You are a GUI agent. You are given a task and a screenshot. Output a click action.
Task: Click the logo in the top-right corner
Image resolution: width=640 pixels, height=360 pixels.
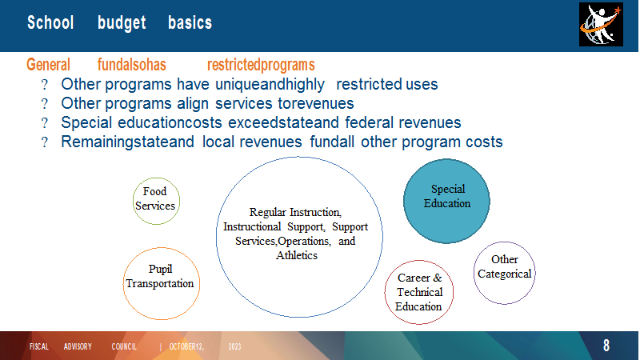click(x=601, y=25)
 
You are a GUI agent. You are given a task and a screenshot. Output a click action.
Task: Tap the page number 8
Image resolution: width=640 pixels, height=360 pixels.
click(x=606, y=346)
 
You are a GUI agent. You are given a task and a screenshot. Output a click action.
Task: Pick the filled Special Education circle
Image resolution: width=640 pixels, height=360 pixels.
click(x=446, y=201)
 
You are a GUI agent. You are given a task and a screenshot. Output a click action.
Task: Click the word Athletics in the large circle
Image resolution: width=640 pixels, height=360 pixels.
click(x=297, y=255)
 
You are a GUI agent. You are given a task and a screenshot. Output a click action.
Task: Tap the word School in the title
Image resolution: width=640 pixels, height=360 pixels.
click(x=50, y=22)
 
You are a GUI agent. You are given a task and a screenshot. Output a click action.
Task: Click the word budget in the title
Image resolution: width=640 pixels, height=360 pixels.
click(x=122, y=23)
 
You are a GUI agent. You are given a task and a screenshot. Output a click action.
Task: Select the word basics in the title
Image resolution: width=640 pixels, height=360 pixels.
click(x=190, y=22)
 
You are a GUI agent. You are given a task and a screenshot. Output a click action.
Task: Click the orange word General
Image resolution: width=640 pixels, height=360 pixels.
click(x=48, y=65)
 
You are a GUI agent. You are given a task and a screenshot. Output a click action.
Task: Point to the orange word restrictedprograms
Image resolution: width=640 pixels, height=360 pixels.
click(x=261, y=65)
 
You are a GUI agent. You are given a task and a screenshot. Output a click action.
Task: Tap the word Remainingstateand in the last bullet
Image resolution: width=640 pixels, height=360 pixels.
click(x=127, y=142)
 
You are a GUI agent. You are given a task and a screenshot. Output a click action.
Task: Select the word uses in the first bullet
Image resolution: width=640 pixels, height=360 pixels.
click(x=422, y=85)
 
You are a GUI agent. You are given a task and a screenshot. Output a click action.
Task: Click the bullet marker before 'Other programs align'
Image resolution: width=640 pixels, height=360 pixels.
click(x=45, y=104)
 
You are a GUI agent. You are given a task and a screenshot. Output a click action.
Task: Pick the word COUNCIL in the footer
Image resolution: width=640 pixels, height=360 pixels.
click(x=124, y=346)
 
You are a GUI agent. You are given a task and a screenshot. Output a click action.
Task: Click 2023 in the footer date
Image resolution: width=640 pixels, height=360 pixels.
click(x=234, y=346)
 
